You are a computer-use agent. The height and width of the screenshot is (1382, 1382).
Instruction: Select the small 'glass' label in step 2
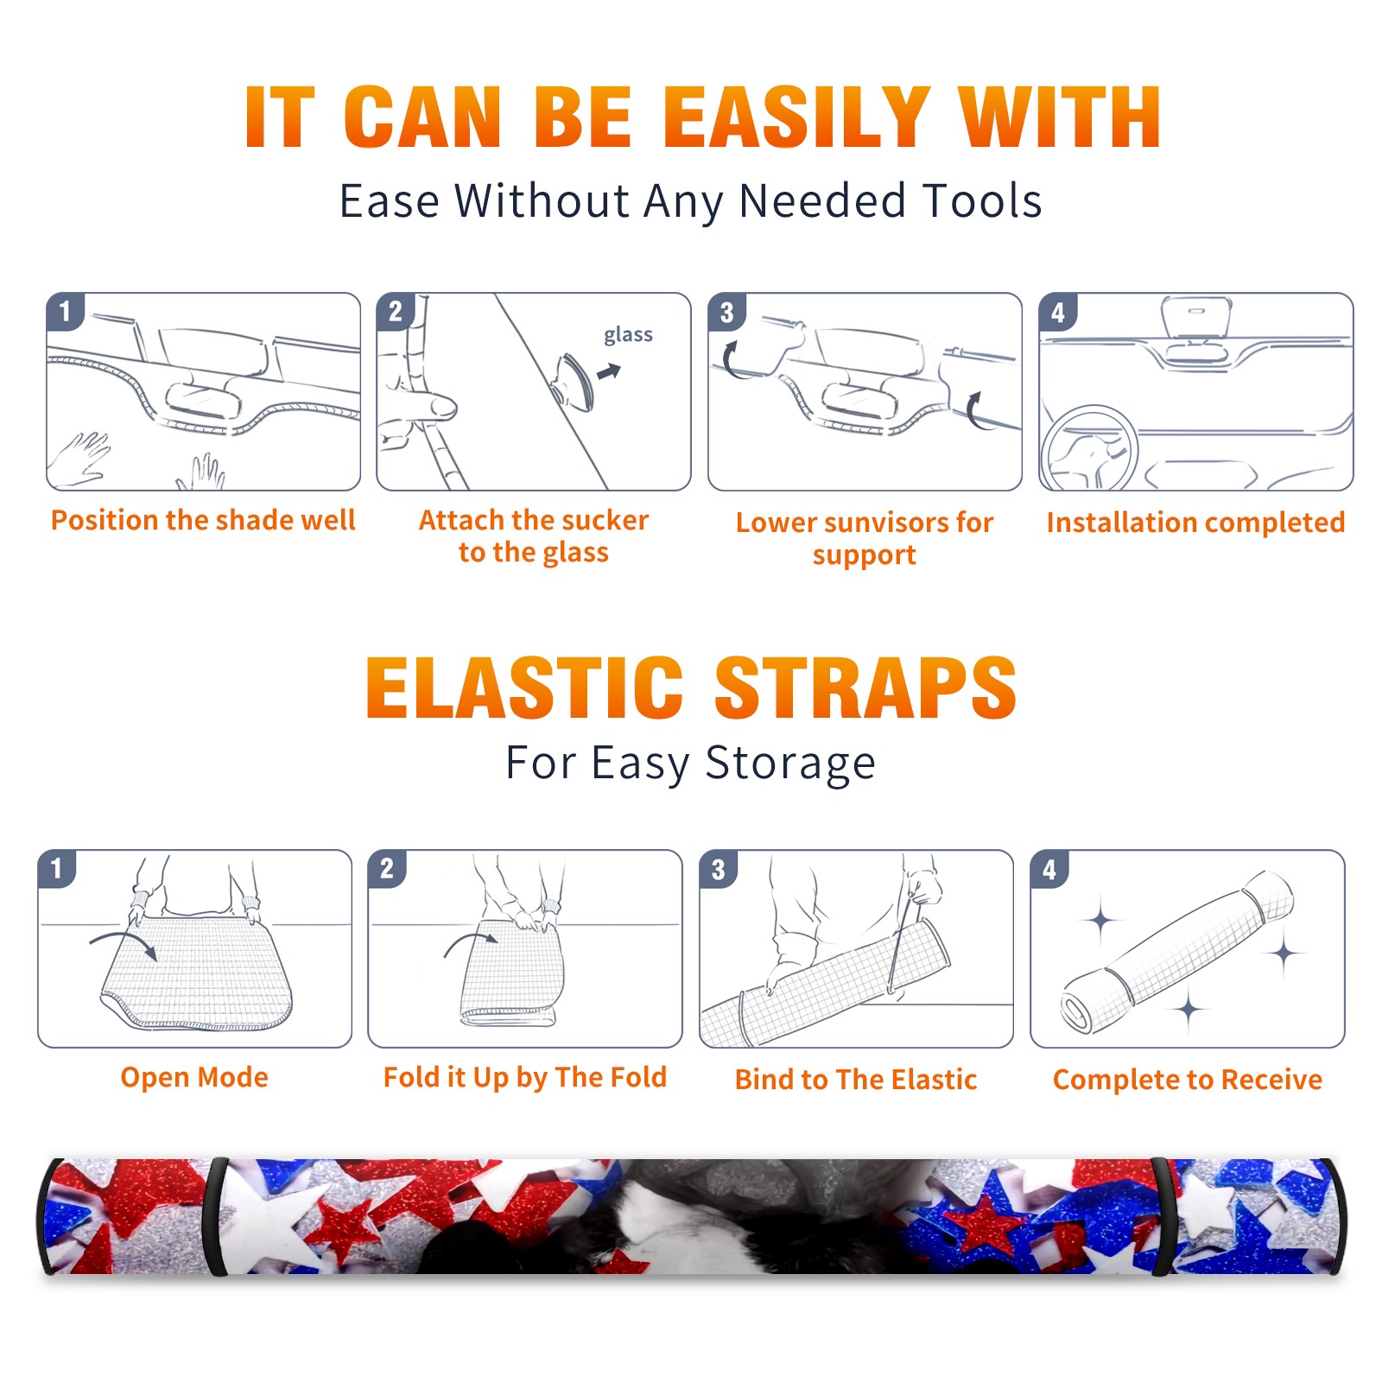[628, 335]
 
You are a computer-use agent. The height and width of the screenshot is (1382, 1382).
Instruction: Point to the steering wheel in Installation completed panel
[1089, 448]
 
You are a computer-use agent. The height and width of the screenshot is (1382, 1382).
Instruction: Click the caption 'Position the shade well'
[203, 520]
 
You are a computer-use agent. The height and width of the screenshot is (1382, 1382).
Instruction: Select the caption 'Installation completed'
[1195, 523]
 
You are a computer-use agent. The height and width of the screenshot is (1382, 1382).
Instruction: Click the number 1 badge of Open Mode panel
[57, 869]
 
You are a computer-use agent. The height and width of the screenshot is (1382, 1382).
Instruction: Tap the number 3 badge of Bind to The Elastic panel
[719, 869]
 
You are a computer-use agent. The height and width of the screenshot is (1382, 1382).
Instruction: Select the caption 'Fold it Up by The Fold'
[525, 1078]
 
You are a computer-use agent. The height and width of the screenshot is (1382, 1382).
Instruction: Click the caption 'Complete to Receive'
[1188, 1080]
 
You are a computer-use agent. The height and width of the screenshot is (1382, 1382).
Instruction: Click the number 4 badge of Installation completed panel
[1058, 312]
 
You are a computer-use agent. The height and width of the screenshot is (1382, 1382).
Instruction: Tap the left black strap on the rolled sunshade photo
[217, 1217]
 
